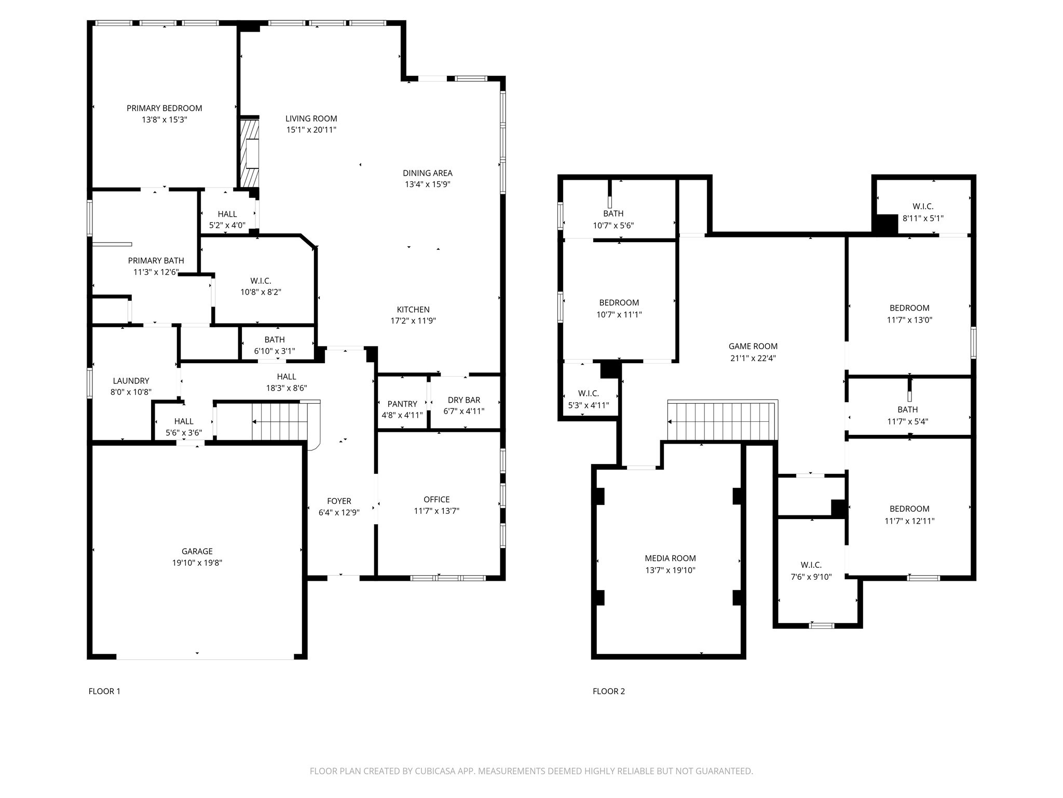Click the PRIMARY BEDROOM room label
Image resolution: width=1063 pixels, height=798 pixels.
click(164, 108)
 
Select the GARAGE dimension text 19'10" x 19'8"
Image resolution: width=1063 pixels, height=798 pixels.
click(197, 563)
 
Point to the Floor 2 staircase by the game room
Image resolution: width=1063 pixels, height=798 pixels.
click(723, 421)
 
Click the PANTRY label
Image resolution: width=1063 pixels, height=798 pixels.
click(402, 404)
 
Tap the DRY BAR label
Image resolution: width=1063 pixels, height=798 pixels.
click(464, 400)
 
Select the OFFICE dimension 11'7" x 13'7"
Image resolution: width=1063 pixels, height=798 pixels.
click(436, 511)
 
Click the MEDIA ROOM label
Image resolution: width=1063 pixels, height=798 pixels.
click(670, 558)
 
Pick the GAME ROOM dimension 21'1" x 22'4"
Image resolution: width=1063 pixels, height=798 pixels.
click(753, 358)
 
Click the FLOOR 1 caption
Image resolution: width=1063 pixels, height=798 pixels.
click(104, 691)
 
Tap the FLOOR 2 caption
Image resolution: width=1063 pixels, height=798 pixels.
click(609, 691)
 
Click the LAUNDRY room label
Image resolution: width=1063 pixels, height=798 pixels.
click(131, 381)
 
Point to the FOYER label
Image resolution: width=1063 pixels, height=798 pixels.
click(339, 501)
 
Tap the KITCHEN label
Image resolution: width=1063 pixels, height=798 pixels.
click(413, 309)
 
